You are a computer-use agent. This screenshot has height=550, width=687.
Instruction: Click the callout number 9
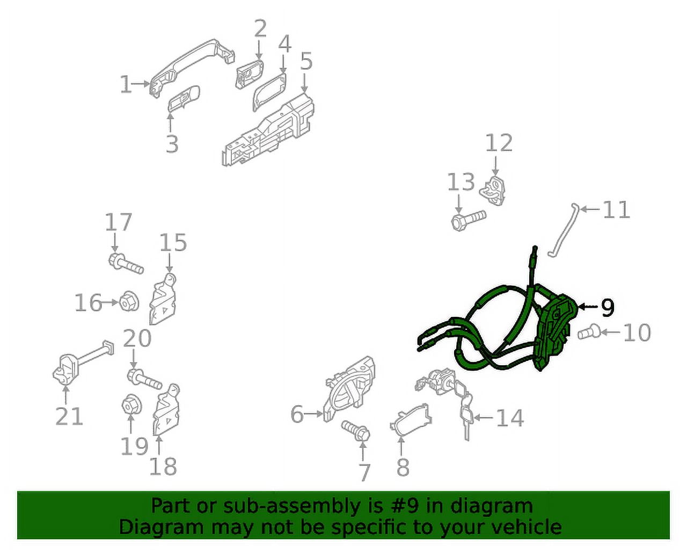[608, 307]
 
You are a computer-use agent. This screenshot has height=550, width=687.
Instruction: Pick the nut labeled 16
[129, 301]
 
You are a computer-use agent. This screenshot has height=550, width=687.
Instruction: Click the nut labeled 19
[131, 406]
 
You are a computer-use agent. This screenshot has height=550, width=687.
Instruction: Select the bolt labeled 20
[144, 379]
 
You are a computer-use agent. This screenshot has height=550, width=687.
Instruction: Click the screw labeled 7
[356, 431]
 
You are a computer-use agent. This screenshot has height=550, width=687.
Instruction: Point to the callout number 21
[69, 416]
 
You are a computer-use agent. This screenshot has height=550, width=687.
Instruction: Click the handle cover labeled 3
[184, 99]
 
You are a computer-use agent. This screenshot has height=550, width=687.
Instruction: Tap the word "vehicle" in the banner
[526, 527]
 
